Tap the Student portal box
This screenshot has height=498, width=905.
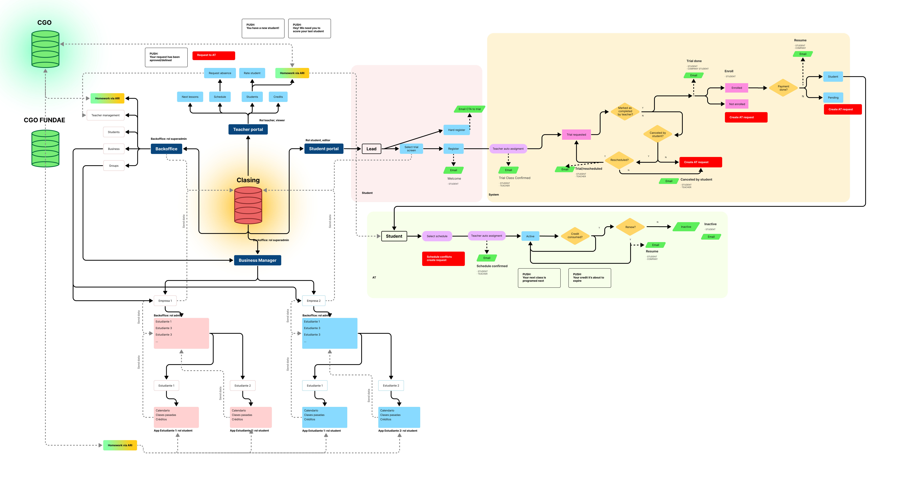tap(324, 149)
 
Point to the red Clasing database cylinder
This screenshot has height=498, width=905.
tap(248, 205)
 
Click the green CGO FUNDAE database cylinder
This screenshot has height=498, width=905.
tap(45, 148)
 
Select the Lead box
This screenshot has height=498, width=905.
tap(371, 149)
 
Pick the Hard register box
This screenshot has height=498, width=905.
tap(456, 130)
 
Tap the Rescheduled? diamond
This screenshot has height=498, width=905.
tap(619, 160)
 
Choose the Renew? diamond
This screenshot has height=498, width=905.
tap(630, 227)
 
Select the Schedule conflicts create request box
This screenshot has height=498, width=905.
tap(443, 259)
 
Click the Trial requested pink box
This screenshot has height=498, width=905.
tap(576, 135)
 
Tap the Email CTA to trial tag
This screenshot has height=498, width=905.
tap(469, 109)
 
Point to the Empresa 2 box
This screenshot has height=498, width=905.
tap(313, 301)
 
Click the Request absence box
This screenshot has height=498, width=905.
tap(220, 73)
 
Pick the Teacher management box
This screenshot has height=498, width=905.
tap(105, 116)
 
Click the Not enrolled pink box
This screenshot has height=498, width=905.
tap(737, 104)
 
